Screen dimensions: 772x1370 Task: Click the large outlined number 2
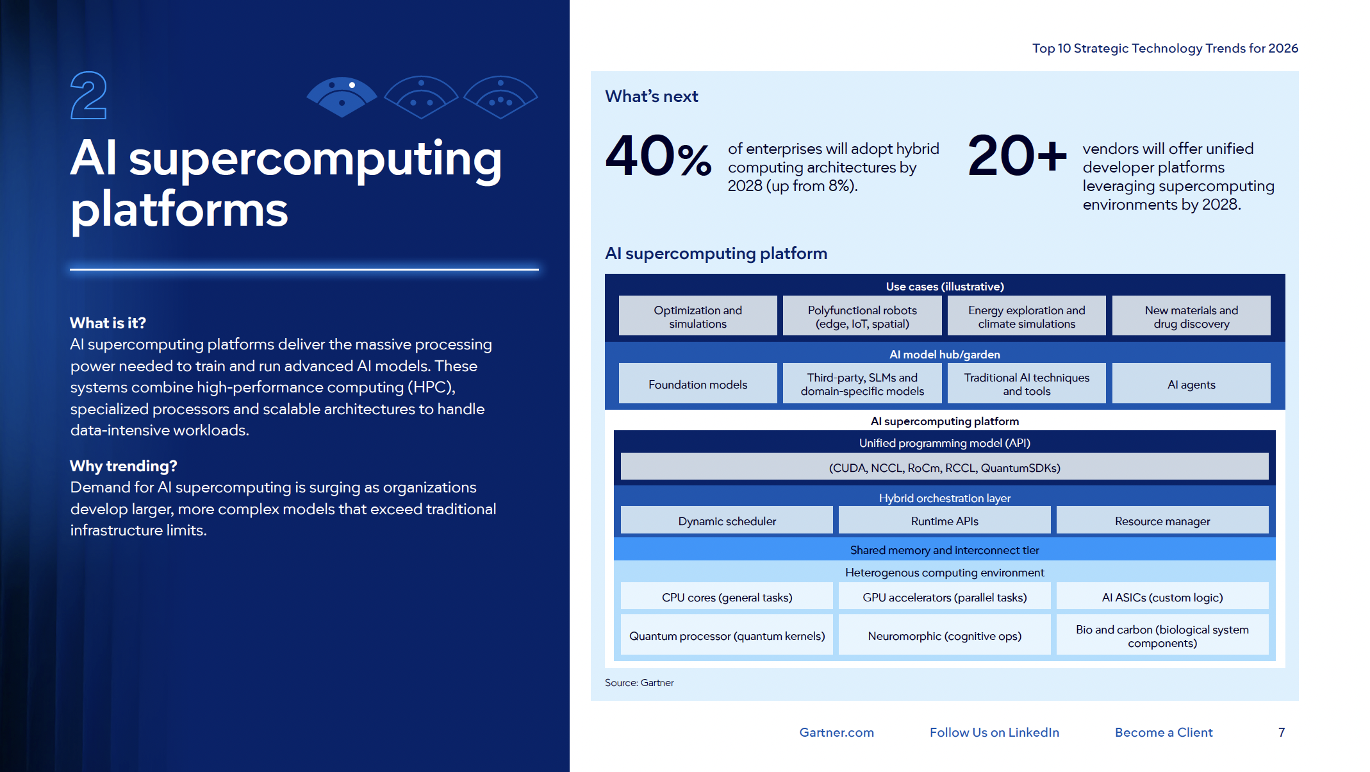click(x=88, y=96)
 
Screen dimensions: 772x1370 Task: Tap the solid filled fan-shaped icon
click(x=342, y=97)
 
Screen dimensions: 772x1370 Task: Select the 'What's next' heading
click(x=651, y=96)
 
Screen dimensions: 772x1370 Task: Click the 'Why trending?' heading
click(x=123, y=466)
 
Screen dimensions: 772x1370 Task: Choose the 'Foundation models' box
click(x=698, y=384)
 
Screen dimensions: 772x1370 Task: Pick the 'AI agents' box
click(x=1191, y=384)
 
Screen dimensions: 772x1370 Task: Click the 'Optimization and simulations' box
click(x=698, y=316)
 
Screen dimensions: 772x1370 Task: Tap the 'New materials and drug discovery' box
click(x=1191, y=316)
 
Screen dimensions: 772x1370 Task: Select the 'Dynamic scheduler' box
click(x=727, y=521)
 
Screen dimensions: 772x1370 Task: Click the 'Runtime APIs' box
click(x=945, y=521)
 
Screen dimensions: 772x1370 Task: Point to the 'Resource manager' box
click(x=1162, y=521)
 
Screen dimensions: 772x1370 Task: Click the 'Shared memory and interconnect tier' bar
click(x=945, y=550)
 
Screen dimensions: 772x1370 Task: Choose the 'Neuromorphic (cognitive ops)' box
click(x=945, y=635)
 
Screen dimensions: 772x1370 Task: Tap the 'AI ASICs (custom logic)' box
click(x=1162, y=597)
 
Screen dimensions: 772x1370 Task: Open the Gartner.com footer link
click(x=836, y=732)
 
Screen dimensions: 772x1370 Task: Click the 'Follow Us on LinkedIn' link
click(x=994, y=732)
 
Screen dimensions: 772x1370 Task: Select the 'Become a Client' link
click(x=1164, y=732)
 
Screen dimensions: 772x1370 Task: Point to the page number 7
click(x=1282, y=732)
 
